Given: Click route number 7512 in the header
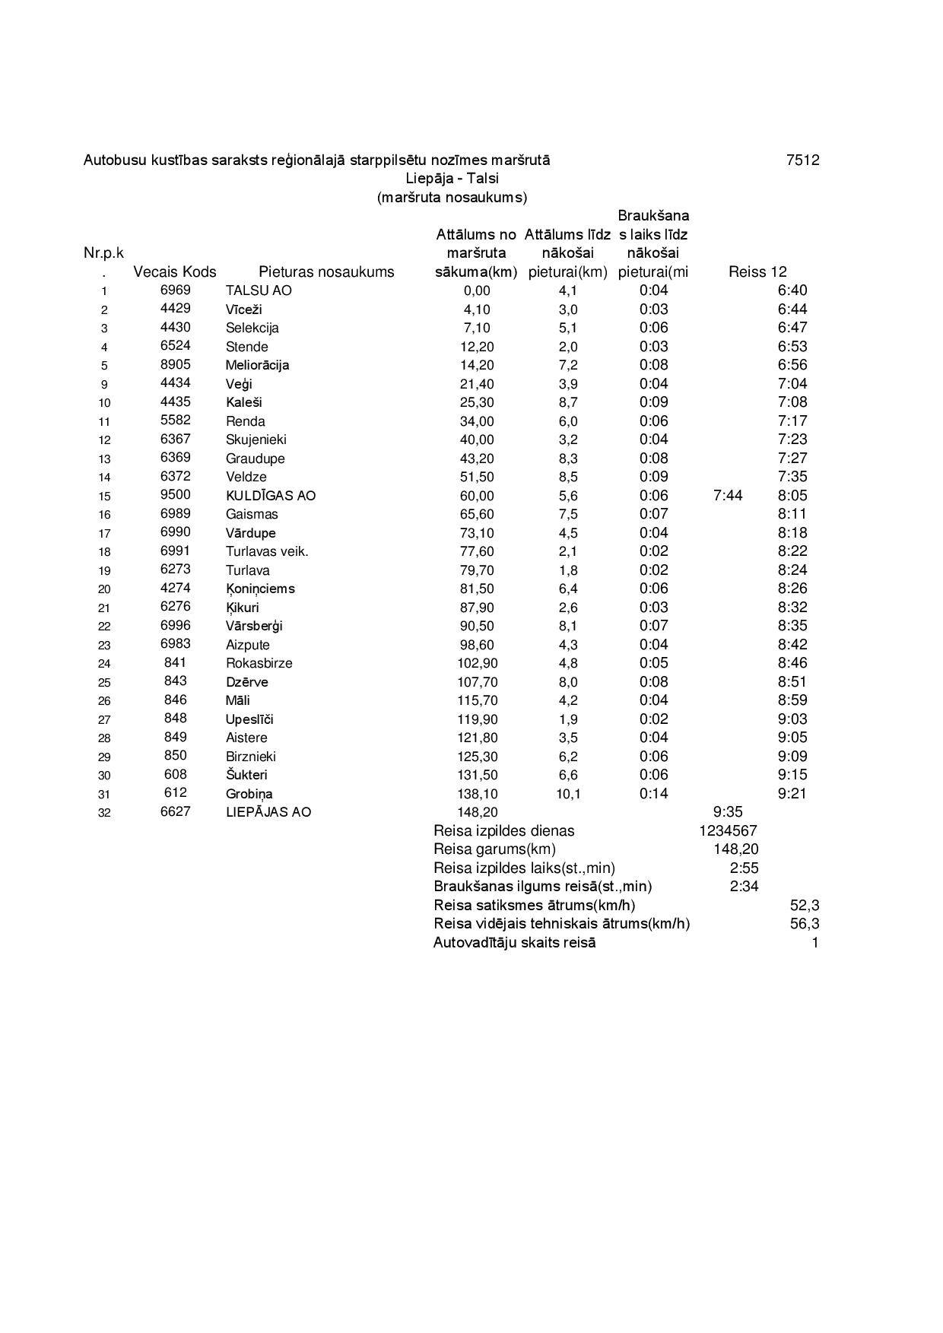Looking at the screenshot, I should (x=802, y=160).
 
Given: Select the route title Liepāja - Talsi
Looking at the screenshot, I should (x=452, y=179).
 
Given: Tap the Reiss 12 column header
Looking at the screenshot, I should (x=757, y=272).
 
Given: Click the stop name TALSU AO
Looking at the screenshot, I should (x=259, y=290).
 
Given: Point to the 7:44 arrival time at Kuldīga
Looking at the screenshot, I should (x=728, y=496).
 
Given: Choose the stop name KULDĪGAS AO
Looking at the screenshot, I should (x=270, y=496).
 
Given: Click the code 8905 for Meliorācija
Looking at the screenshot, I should (x=175, y=365).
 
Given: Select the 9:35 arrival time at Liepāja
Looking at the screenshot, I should (x=728, y=812).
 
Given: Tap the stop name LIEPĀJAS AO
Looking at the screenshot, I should (x=268, y=812).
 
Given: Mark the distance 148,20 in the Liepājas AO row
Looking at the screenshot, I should (x=477, y=812).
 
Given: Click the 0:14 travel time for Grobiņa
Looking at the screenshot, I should (x=653, y=794).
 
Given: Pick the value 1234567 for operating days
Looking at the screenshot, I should (x=728, y=831).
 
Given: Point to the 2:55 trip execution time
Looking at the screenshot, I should (x=744, y=868).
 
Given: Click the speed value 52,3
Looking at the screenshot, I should (x=805, y=906).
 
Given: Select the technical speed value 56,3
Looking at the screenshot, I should (x=805, y=924).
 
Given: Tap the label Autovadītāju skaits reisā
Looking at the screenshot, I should (x=514, y=943).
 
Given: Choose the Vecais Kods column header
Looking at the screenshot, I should (x=174, y=272).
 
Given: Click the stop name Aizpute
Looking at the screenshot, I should (x=247, y=645).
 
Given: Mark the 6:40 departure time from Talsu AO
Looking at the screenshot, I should (x=792, y=290).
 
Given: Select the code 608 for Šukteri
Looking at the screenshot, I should (x=175, y=775).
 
